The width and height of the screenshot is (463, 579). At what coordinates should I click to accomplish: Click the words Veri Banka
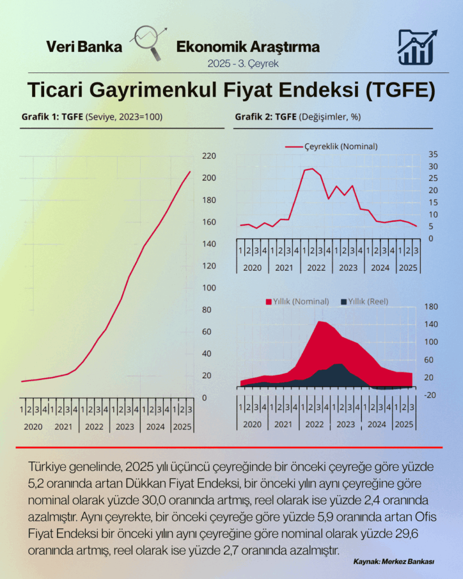(84, 47)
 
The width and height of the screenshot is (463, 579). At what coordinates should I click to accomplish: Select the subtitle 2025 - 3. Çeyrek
(244, 63)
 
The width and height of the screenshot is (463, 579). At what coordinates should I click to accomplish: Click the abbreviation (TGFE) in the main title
(399, 91)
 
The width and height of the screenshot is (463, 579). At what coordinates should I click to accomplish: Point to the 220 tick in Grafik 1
(209, 156)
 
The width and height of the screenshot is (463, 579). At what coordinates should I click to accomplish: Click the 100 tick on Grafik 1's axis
(209, 288)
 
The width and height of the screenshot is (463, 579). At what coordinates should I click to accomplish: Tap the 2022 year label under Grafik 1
(94, 427)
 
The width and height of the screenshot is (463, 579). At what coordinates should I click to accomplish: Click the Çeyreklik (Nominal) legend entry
(332, 146)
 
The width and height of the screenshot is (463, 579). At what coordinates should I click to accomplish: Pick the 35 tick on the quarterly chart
(432, 154)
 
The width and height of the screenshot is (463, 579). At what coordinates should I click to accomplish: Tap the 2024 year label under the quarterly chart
(380, 267)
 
